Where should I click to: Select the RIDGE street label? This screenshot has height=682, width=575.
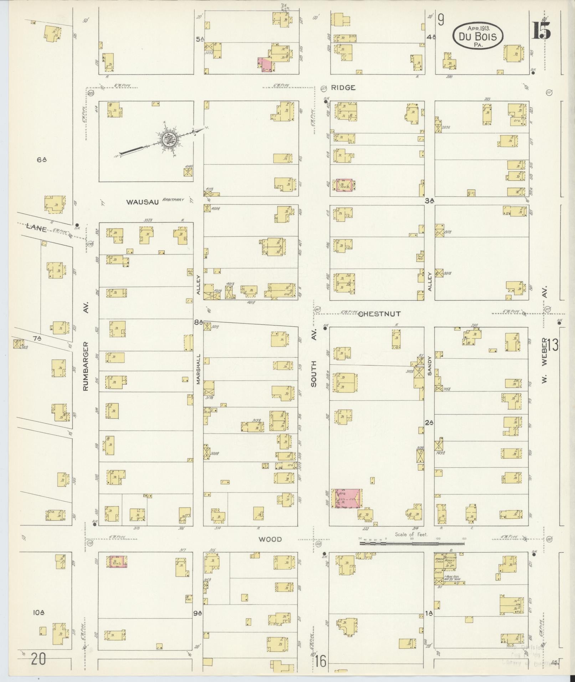click(x=343, y=87)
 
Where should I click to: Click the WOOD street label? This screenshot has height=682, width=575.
click(x=270, y=539)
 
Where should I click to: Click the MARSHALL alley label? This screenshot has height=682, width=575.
click(x=199, y=369)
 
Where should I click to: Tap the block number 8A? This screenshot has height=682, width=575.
click(x=198, y=322)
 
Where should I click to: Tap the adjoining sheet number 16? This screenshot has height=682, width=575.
click(x=320, y=662)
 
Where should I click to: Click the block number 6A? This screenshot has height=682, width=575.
click(x=42, y=160)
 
